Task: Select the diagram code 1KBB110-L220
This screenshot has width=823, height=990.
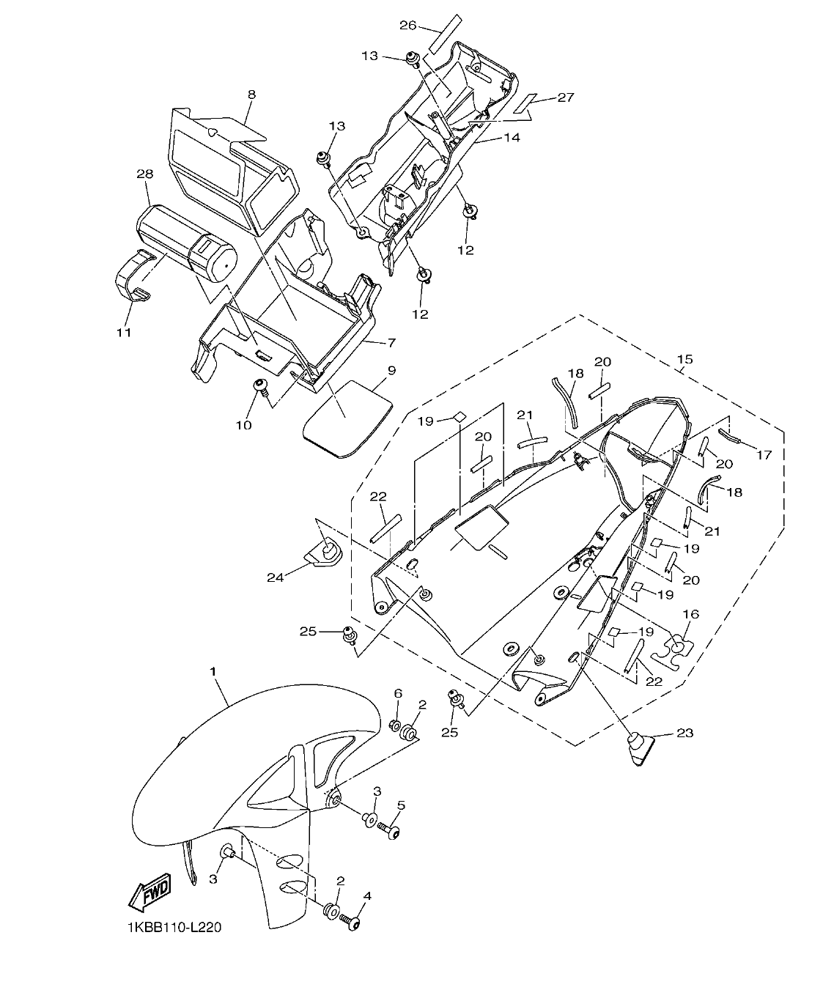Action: coord(173,928)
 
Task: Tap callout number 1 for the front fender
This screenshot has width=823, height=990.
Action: coord(213,671)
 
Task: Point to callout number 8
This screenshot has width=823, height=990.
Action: coord(251,95)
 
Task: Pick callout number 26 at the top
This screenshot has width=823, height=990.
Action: coord(407,26)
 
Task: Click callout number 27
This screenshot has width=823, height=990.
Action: coord(565,97)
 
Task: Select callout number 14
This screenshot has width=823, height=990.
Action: coord(511,137)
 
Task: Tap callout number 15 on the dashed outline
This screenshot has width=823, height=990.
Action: coord(684,361)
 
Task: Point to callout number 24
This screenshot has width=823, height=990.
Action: coord(276,577)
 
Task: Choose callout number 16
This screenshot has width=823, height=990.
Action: coord(690,614)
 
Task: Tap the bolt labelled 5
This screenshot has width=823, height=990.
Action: coord(390,830)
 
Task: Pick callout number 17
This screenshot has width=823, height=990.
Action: coord(764,455)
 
